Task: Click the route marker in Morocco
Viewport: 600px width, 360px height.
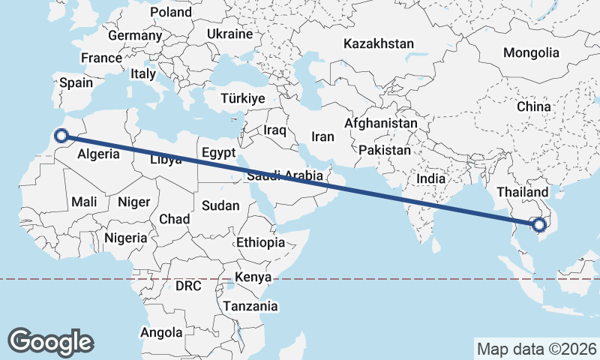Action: coord(61,136)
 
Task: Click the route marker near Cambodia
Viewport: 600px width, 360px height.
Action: coord(538,223)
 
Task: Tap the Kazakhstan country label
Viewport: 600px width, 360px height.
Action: coord(379,44)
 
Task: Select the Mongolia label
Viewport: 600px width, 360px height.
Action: coord(531,53)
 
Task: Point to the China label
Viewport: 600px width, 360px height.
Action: coord(533,107)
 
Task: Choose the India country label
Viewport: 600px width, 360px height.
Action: coord(430,179)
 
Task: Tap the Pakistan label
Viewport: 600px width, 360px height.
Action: coord(385,150)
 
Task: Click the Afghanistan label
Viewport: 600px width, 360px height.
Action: coord(381,123)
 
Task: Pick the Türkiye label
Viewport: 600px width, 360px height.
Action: coord(243,99)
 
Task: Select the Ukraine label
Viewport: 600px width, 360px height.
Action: coord(229,34)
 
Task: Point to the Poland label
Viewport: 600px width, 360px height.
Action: coord(171,13)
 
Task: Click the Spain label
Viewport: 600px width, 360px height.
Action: coord(76,83)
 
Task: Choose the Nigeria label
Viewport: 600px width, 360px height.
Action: coord(124,238)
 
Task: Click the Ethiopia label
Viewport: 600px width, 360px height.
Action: coord(260,243)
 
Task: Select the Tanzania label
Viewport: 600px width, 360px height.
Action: coord(250,307)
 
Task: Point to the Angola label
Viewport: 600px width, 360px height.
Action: coord(161,332)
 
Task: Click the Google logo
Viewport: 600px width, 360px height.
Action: coord(50,341)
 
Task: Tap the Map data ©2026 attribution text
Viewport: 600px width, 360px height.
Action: coord(536,349)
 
